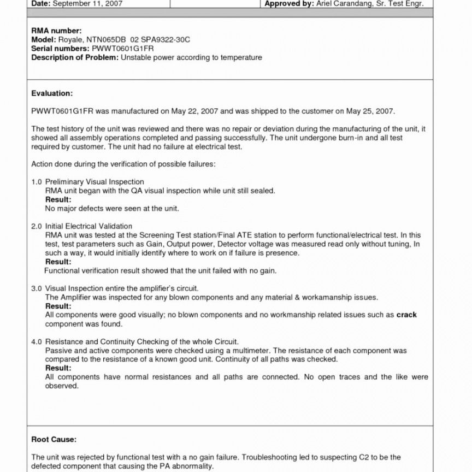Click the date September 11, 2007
(87, 3)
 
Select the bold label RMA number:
(57, 31)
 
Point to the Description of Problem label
(75, 57)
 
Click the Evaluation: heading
(52, 93)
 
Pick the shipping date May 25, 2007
(370, 111)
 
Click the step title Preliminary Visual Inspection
(95, 182)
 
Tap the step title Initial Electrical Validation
(88, 226)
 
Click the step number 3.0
(37, 288)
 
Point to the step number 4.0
(37, 341)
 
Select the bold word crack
(406, 315)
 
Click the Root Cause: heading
(54, 439)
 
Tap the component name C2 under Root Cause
(347, 457)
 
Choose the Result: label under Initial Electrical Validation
(58, 262)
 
